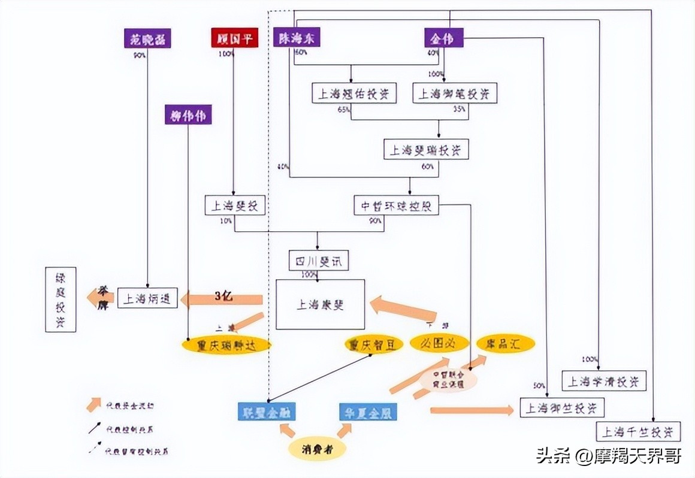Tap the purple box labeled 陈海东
pos(297,38)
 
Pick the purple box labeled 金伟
pos(443,38)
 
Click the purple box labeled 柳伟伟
pos(188,115)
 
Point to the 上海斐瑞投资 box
pos(426,150)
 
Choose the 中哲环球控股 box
pos(396,206)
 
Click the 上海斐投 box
pos(234,205)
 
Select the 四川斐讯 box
pos(318,261)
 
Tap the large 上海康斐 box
pos(320,304)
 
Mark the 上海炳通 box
pos(147,298)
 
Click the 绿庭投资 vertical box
pos(61,299)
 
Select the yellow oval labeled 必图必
pos(439,343)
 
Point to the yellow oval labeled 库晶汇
pos(505,343)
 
